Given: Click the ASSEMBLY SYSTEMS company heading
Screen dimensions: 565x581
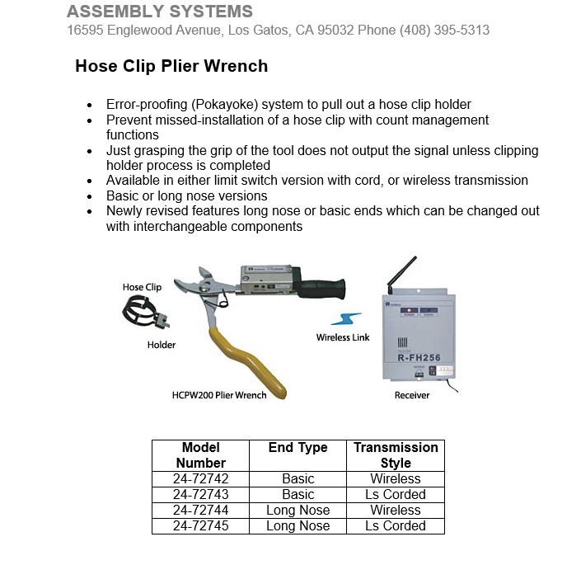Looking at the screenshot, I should [160, 12].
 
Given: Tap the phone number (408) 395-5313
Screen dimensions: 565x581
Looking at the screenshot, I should [445, 31].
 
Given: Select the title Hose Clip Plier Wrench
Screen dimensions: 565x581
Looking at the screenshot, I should [171, 66].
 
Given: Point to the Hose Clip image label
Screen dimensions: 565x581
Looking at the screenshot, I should [142, 287].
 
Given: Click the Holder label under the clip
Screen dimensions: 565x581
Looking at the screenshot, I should [162, 345].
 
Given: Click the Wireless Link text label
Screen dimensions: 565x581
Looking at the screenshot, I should [343, 337].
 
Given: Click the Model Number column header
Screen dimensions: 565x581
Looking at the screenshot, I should [200, 455].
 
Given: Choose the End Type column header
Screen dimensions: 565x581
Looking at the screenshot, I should [298, 448].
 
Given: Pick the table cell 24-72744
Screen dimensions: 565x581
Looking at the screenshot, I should [200, 511].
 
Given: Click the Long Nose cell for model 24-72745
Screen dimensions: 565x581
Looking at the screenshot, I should [298, 526].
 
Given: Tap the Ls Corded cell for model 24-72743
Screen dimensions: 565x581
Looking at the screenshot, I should [396, 495].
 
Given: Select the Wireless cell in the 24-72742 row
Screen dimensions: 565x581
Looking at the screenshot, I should [396, 479].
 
